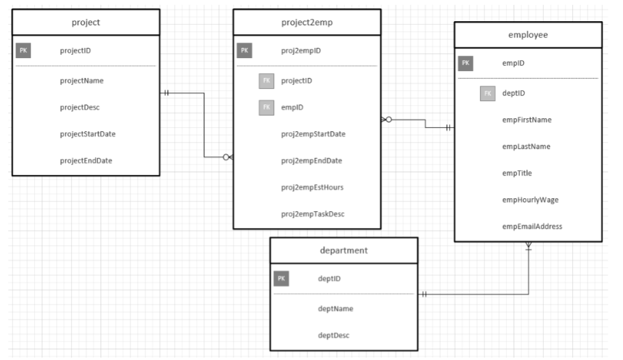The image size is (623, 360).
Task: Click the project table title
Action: [86, 23]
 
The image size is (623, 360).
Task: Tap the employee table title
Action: [527, 35]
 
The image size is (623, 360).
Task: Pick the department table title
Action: [344, 250]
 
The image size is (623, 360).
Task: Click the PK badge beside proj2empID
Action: [245, 51]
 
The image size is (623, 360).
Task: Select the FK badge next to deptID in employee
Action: [487, 94]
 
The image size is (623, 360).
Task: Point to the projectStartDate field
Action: [87, 134]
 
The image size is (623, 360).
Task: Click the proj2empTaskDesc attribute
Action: [313, 214]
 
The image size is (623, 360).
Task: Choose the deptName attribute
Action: [335, 309]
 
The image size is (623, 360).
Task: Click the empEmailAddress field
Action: [532, 226]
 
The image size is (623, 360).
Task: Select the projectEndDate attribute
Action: [86, 161]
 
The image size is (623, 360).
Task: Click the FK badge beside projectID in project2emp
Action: [266, 81]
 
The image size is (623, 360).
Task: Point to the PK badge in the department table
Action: [281, 279]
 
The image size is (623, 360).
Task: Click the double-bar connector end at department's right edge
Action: [424, 294]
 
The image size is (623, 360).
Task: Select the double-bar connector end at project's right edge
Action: [166, 94]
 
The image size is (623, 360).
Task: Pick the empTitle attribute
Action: [516, 173]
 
